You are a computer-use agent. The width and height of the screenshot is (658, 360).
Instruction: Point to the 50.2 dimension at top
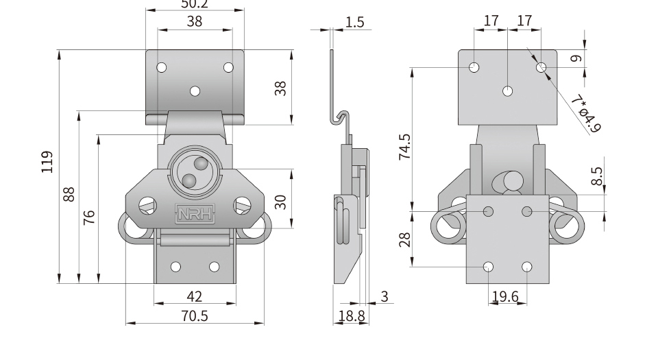click(x=195, y=4)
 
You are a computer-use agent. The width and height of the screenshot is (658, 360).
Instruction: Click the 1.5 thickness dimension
click(x=354, y=22)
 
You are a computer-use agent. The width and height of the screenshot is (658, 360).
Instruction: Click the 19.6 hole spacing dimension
click(x=507, y=296)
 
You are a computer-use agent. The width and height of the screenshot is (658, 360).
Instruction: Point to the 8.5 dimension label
click(x=596, y=177)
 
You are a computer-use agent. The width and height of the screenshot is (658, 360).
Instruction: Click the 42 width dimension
click(x=195, y=296)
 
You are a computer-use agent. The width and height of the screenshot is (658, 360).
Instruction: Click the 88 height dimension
click(x=69, y=195)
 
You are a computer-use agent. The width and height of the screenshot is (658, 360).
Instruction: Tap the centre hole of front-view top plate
click(x=195, y=91)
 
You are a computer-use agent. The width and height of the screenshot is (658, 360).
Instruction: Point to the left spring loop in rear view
click(x=446, y=228)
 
